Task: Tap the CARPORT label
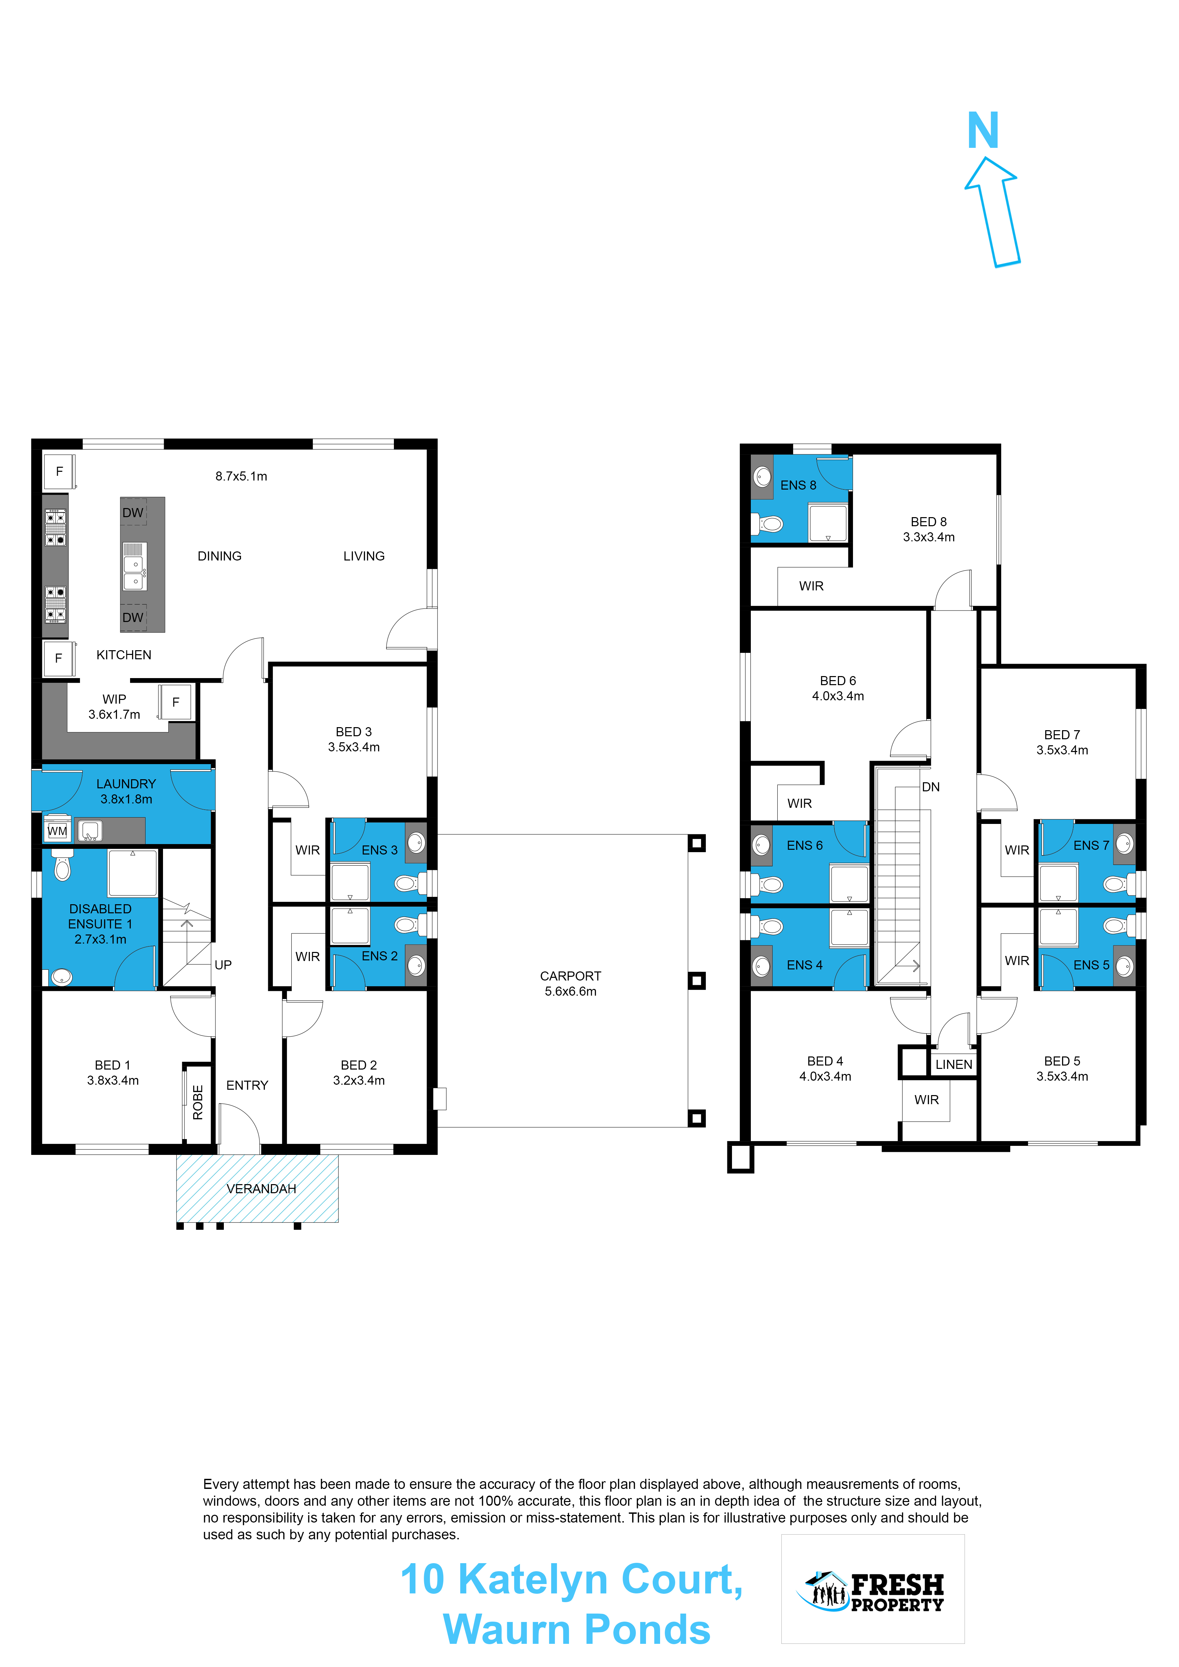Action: (x=571, y=976)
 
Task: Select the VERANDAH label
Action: (x=261, y=1189)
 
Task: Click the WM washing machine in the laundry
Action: (x=57, y=830)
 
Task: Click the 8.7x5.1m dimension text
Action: (x=241, y=476)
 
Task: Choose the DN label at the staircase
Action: (x=931, y=787)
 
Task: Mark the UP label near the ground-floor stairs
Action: (x=223, y=965)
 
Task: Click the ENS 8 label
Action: (x=798, y=485)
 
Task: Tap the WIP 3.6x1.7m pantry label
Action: (x=114, y=706)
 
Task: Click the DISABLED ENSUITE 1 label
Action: (x=100, y=923)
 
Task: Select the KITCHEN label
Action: (x=124, y=655)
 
